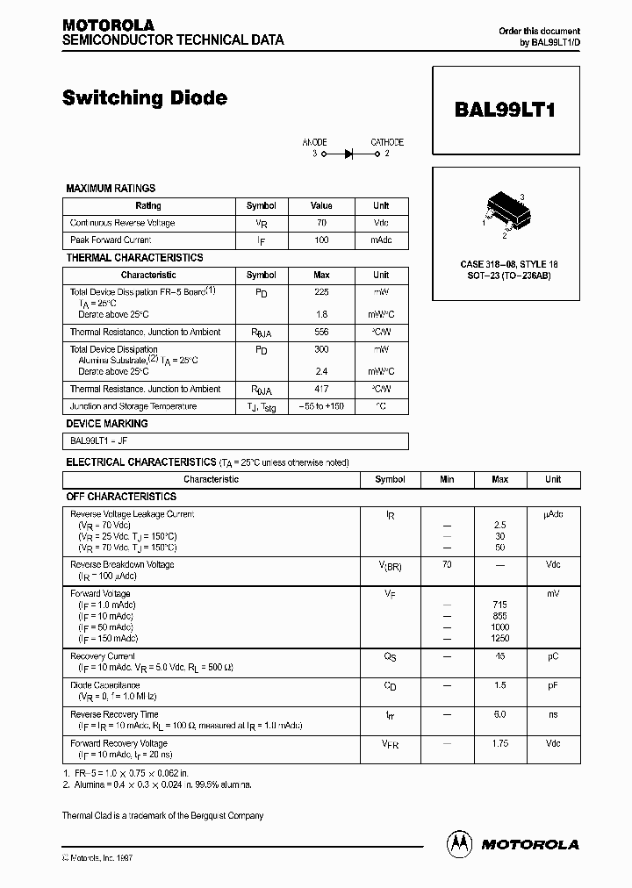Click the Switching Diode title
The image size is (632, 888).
click(x=145, y=98)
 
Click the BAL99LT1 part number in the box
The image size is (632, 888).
click(x=505, y=111)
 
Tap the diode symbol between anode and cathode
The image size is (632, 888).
click(x=348, y=154)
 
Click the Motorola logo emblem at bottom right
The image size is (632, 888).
click(x=459, y=843)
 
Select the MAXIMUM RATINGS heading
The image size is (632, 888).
click(x=111, y=188)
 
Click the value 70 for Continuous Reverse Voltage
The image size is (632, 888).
click(x=321, y=223)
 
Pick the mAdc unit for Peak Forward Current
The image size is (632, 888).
click(x=381, y=240)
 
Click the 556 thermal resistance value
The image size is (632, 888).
click(x=321, y=333)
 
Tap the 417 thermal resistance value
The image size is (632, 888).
click(x=321, y=389)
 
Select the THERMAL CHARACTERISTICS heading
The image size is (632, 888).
click(x=134, y=258)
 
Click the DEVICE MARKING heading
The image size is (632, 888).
click(x=107, y=424)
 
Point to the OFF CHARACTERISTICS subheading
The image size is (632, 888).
click(x=122, y=497)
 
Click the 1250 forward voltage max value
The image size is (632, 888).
click(x=500, y=639)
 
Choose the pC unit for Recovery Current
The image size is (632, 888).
click(x=553, y=656)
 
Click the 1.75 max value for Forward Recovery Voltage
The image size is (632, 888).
click(x=500, y=743)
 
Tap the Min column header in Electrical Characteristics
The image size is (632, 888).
click(x=447, y=480)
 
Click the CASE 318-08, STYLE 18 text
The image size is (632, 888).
click(x=508, y=264)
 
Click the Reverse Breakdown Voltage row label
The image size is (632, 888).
click(x=122, y=564)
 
